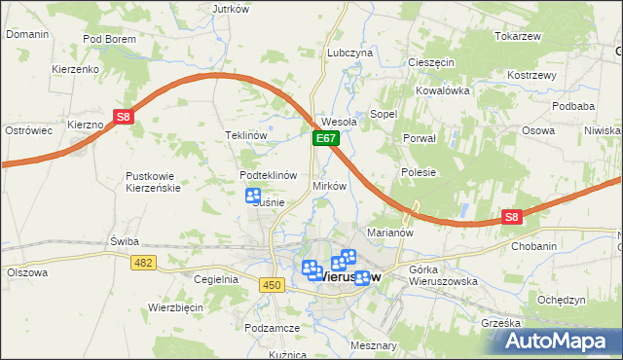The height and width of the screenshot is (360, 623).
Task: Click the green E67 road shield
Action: tap(325, 140)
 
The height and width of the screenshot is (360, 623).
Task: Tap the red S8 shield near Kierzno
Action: tap(123, 117)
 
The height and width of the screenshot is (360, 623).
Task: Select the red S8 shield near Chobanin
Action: tap(513, 219)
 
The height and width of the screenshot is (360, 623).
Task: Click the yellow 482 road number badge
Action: tap(144, 263)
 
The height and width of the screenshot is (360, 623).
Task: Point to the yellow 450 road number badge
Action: tap(272, 284)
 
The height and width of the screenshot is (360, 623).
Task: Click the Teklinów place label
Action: tap(245, 136)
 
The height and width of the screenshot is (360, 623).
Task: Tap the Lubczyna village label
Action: tap(350, 53)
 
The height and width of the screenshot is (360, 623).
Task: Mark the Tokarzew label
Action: tap(517, 36)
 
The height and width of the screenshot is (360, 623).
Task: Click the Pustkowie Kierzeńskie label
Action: tap(153, 182)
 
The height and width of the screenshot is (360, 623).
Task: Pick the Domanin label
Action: tap(27, 34)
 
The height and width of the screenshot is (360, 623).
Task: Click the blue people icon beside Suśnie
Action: tap(252, 196)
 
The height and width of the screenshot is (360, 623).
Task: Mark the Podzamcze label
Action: tap(272, 329)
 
